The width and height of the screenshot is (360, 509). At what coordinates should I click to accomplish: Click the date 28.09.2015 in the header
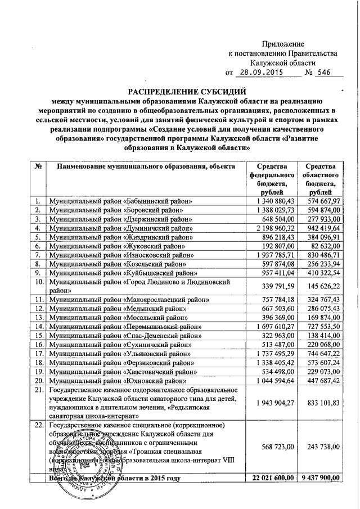(262, 73)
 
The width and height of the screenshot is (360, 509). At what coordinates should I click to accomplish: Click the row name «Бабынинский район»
(121, 201)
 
